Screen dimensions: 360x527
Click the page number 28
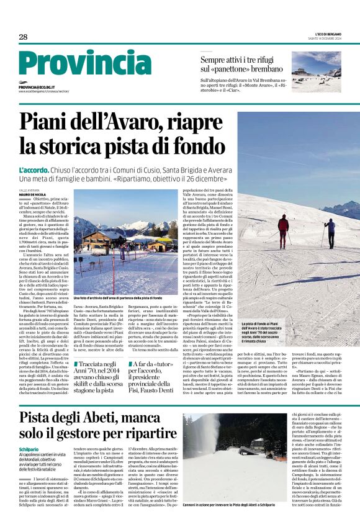[23, 37]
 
